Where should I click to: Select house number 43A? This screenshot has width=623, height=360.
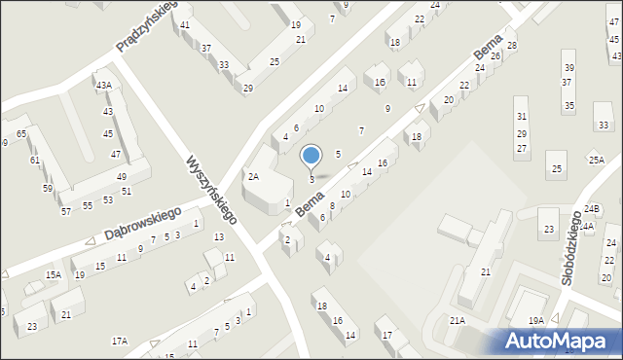(103, 86)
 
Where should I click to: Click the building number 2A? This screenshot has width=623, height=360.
(253, 176)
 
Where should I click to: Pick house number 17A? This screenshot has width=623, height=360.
(120, 341)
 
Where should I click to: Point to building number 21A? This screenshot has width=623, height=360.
(457, 320)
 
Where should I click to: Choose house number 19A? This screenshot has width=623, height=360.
(535, 320)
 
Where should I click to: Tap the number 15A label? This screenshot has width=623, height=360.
(54, 275)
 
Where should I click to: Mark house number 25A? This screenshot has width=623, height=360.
(596, 159)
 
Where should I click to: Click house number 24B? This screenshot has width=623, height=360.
(593, 209)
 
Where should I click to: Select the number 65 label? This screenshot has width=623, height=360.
(21, 132)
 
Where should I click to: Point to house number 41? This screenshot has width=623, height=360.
(185, 24)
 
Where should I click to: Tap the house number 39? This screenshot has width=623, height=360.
(567, 67)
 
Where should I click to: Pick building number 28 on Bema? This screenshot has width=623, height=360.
(512, 46)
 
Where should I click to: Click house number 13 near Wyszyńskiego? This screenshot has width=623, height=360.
(219, 236)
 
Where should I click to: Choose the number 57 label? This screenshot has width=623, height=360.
(65, 211)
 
